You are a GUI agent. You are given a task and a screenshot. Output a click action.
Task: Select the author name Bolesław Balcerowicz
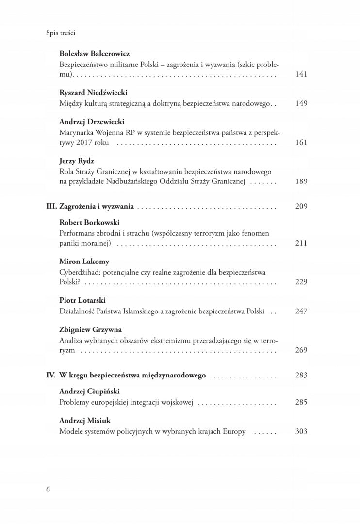coord(95,54)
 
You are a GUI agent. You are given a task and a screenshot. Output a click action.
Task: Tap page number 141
coord(301,74)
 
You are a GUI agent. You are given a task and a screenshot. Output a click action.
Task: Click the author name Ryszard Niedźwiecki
coord(93,92)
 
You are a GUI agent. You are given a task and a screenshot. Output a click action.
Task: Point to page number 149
coord(301,103)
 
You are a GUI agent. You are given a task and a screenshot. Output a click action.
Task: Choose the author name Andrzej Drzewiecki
coord(92,122)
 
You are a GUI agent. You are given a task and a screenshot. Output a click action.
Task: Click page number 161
coord(301,143)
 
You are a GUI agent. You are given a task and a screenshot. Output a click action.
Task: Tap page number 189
coord(301,181)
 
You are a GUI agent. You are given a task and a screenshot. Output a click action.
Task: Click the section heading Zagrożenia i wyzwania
coord(97,206)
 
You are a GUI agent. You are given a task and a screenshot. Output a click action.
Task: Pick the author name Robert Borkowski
coord(89,222)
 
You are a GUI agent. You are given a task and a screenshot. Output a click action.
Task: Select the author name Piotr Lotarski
coord(82,300)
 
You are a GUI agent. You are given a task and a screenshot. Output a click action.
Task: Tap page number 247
coord(301,311)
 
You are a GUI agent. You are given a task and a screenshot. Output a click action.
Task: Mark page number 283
coord(301,375)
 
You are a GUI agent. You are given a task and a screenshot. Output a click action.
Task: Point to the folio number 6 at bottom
coord(48,489)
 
